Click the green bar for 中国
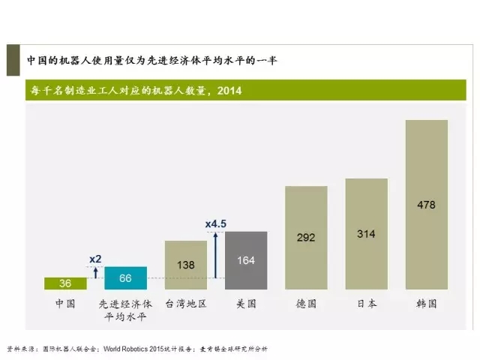coord(65,283)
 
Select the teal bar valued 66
coord(125,278)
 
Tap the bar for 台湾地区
coord(185,265)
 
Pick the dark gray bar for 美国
coord(245,261)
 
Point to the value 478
coord(426,204)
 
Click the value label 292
coord(306,238)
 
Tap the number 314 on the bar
coord(366,234)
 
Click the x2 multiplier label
coord(95,259)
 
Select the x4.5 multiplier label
coord(216,223)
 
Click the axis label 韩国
coord(426,304)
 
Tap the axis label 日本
coord(366,304)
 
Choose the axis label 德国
coord(306,304)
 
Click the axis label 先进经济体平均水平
coord(125,310)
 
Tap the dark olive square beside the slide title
coord(13,59)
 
